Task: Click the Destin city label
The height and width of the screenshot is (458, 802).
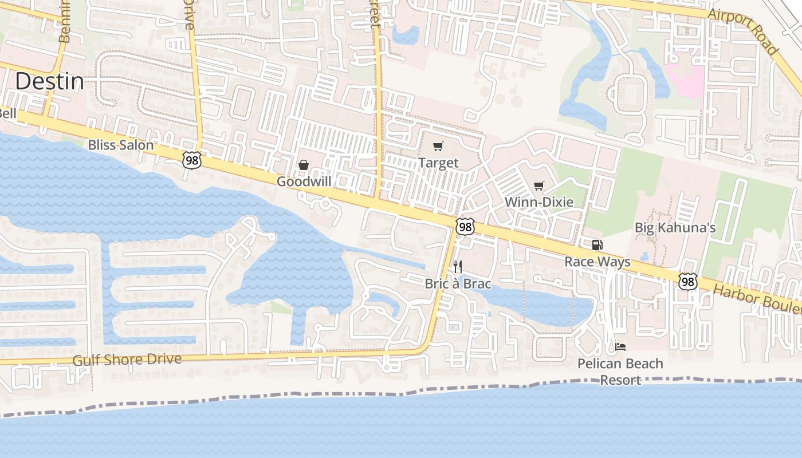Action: [49, 81]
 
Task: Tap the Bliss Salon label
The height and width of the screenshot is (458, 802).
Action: [121, 145]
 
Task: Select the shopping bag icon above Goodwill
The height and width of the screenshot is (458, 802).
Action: [304, 165]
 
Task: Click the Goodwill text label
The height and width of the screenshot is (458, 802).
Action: [304, 181]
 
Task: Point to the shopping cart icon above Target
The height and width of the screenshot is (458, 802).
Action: [438, 147]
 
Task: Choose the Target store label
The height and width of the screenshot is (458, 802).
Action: [438, 163]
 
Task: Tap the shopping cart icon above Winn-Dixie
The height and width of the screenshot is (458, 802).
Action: [538, 185]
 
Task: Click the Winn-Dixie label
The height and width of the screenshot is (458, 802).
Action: [538, 202]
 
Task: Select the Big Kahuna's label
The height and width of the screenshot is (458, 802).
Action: [675, 228]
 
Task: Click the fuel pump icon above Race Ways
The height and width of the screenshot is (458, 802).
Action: [597, 245]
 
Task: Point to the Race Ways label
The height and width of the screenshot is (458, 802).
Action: [597, 262]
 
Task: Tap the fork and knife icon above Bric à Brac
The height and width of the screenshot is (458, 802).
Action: [457, 266]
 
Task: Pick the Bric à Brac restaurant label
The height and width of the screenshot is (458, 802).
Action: [458, 283]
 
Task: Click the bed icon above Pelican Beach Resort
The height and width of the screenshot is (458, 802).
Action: [620, 346]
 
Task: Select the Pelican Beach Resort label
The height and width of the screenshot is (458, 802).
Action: [620, 372]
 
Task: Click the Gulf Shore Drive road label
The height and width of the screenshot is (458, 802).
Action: [127, 360]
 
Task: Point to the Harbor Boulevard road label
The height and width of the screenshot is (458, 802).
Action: [756, 298]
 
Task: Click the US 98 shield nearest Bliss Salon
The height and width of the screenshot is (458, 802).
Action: [192, 160]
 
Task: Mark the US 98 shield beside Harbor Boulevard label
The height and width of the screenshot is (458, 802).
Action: [688, 281]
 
